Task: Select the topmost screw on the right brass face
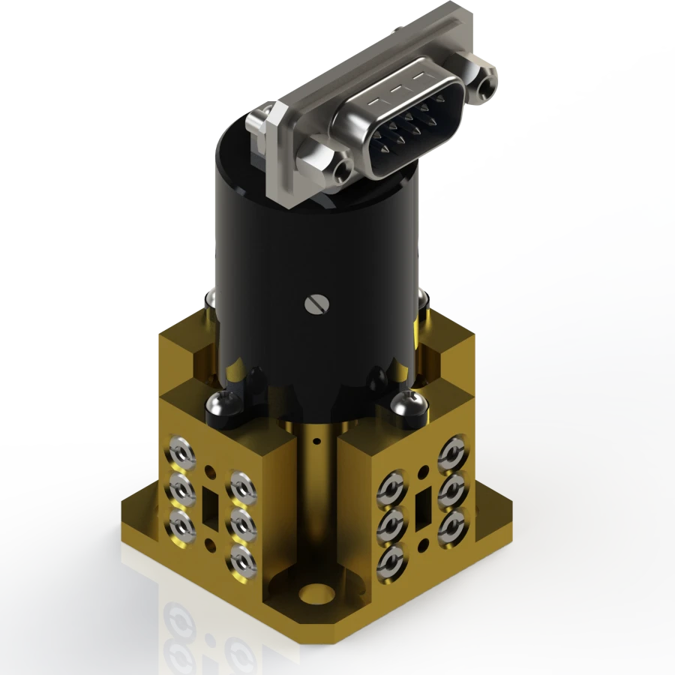click(x=452, y=454)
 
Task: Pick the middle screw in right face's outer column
click(x=451, y=489)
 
